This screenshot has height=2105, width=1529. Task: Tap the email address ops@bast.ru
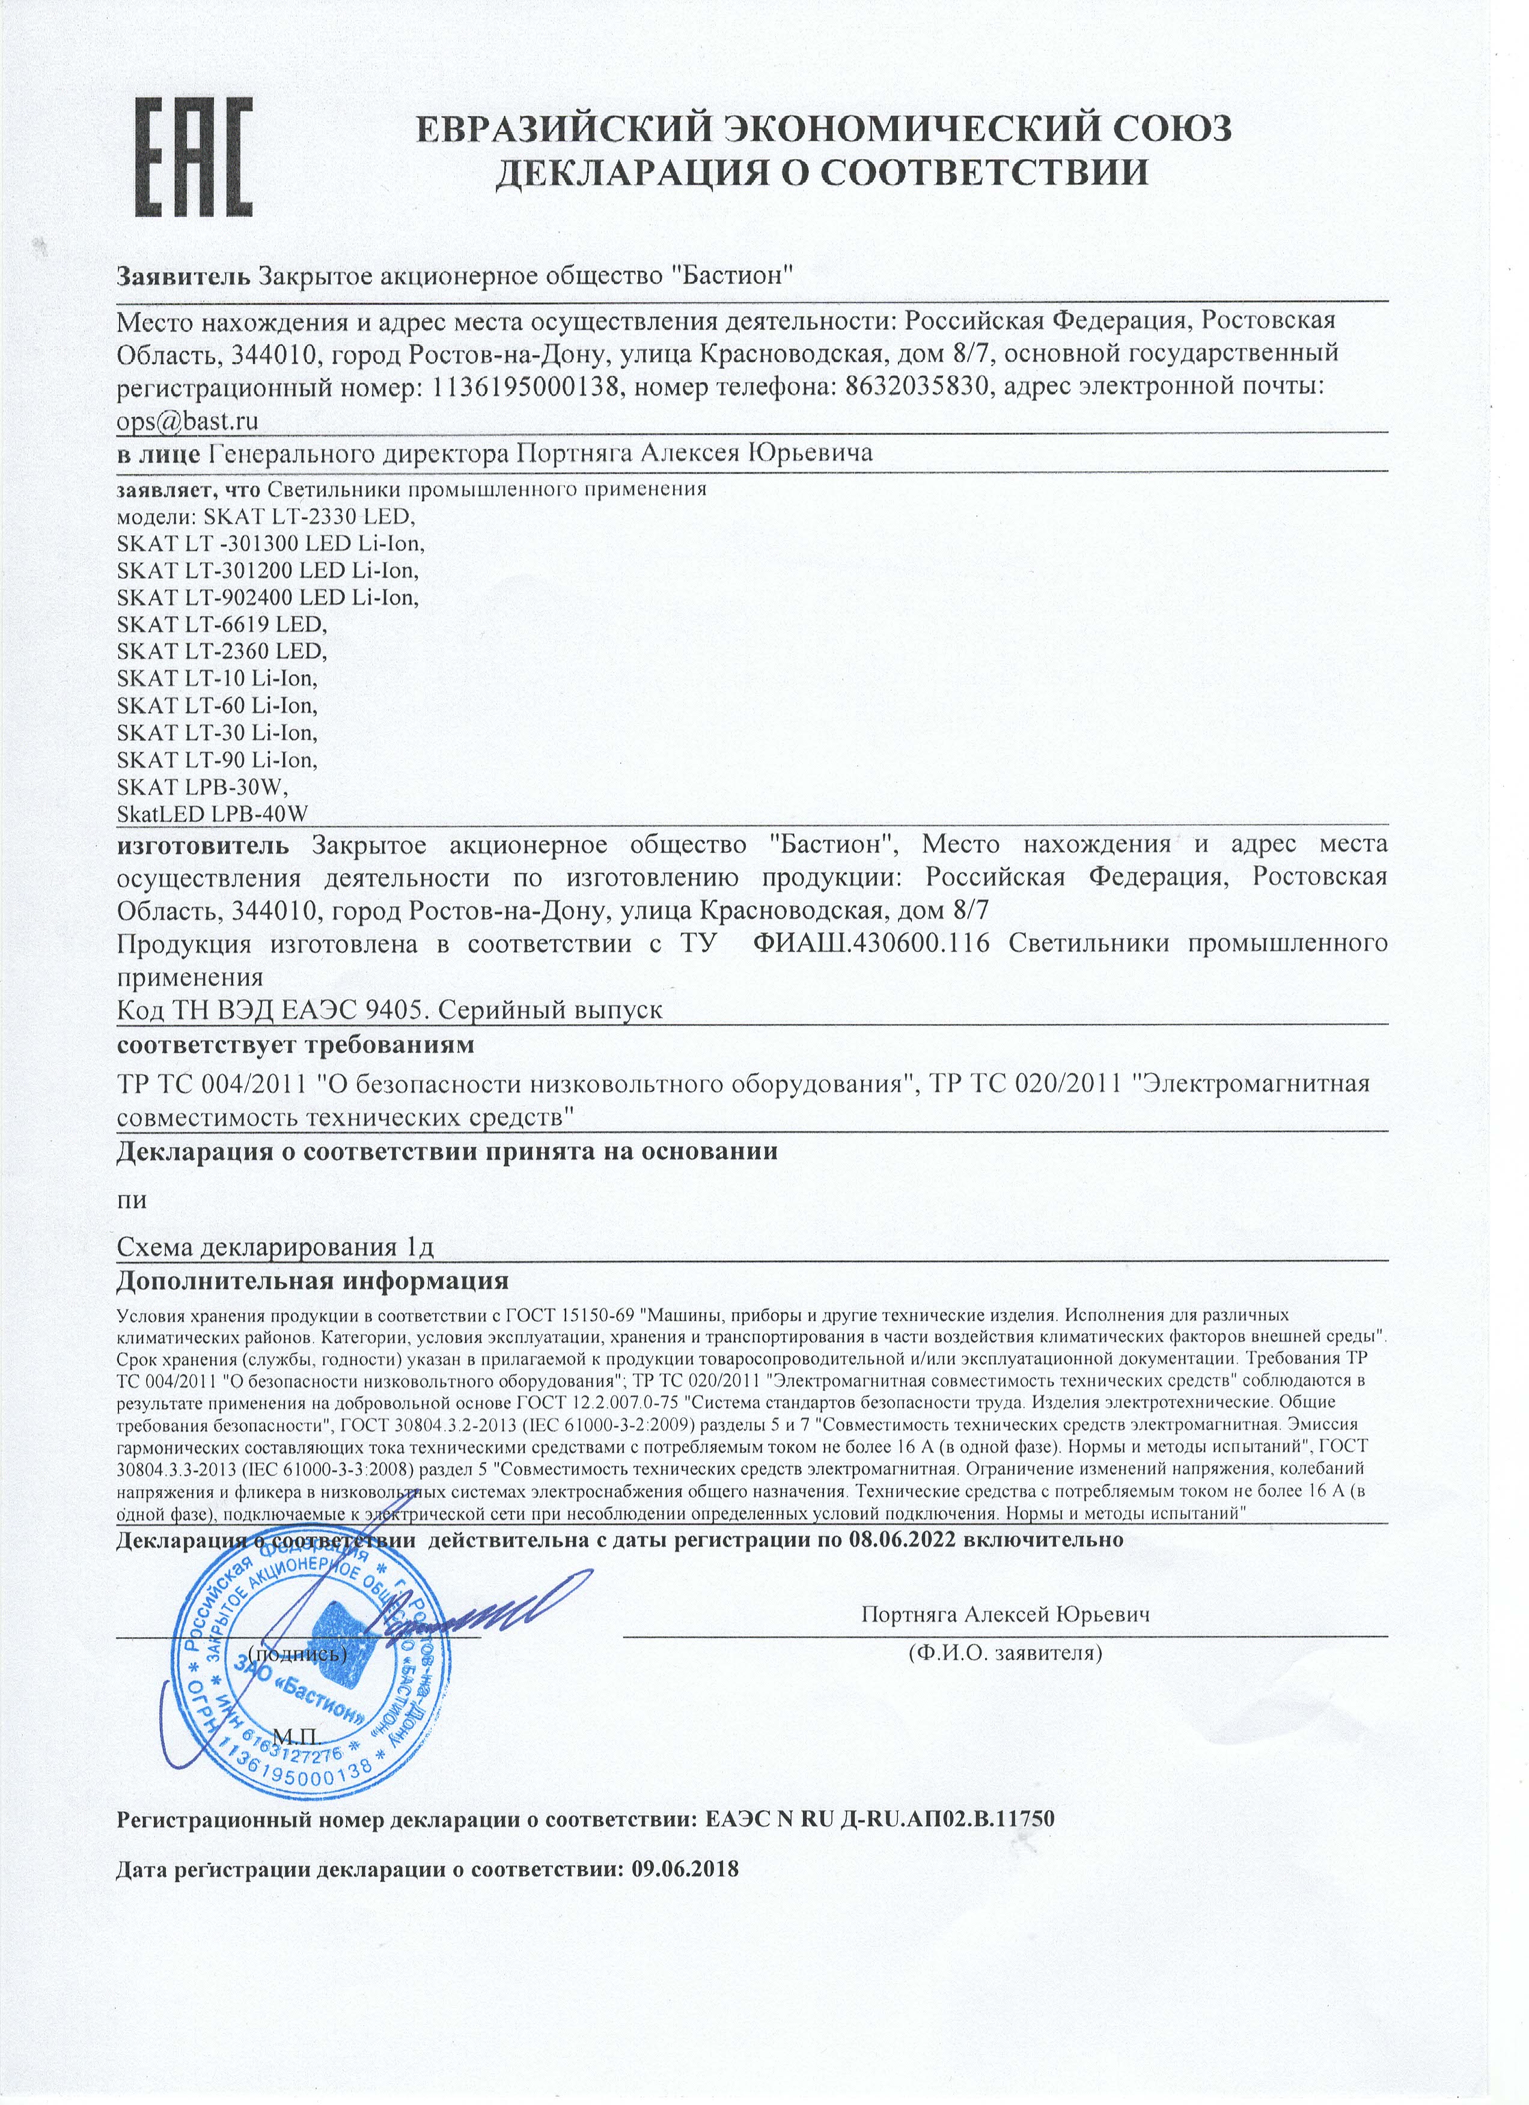pos(188,421)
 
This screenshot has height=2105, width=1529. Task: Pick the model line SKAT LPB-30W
pos(203,787)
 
